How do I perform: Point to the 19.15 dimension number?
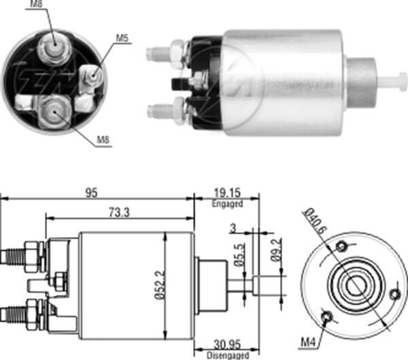pos(227,193)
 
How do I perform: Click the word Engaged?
pos(227,203)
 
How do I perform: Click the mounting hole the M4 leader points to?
pos(328,317)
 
